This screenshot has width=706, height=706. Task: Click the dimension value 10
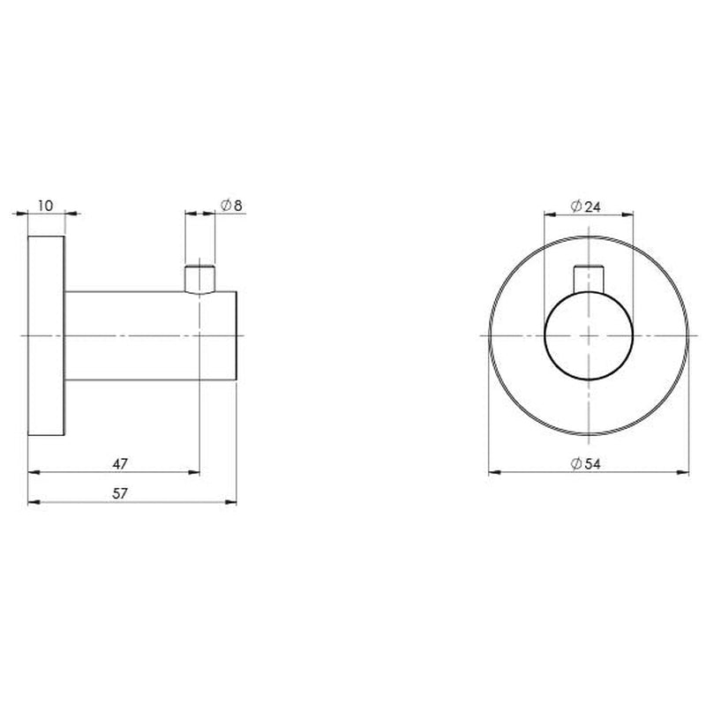[47, 205]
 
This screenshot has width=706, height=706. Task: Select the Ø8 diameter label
[231, 205]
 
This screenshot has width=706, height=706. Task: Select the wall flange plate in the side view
[48, 336]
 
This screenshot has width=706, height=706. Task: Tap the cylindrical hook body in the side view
[150, 336]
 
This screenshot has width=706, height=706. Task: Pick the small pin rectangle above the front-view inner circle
[589, 277]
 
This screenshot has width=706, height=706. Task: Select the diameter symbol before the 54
[575, 462]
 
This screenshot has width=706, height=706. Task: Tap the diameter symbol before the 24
[575, 205]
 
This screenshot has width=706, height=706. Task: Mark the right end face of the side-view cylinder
[238, 336]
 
